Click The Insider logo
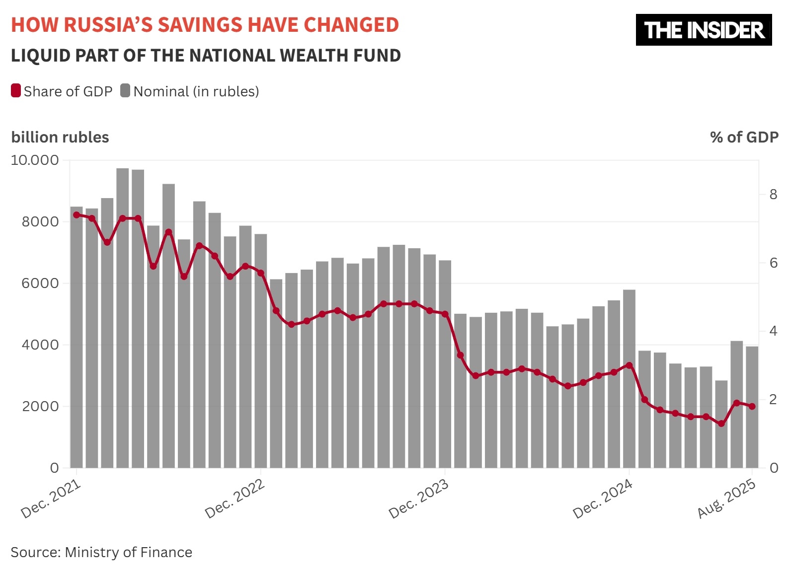(x=704, y=30)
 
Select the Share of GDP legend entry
(x=62, y=91)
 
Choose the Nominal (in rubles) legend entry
(x=190, y=91)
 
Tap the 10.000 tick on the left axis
(x=35, y=160)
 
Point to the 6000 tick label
(x=40, y=283)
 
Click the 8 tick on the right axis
(x=773, y=194)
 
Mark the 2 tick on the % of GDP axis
(x=773, y=399)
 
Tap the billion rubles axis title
(x=60, y=137)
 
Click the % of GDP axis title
(x=744, y=137)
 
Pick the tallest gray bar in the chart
(x=123, y=318)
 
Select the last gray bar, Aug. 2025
(x=752, y=407)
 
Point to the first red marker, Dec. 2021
(x=77, y=215)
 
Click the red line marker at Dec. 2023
(x=445, y=314)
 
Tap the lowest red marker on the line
(x=721, y=424)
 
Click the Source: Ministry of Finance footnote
(x=101, y=552)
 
